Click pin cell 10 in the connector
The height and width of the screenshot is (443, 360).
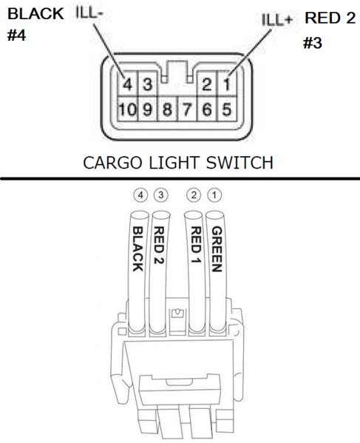tap(127, 109)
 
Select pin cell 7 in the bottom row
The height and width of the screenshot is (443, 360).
tap(187, 109)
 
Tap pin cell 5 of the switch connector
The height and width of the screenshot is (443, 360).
tap(226, 109)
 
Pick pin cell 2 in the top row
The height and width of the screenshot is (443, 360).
tap(207, 84)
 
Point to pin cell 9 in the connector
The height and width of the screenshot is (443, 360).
tap(147, 109)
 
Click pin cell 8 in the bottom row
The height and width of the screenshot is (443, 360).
tap(168, 109)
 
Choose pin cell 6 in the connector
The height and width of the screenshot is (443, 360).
tap(207, 109)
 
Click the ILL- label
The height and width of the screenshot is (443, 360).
tap(89, 13)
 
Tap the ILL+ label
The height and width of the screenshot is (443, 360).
tap(276, 20)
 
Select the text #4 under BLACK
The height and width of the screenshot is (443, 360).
tap(16, 35)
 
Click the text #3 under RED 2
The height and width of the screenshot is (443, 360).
tap(312, 43)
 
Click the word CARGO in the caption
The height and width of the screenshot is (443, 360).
tap(112, 163)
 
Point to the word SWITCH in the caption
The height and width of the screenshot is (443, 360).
tap(240, 163)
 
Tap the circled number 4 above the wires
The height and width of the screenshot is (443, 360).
tap(140, 195)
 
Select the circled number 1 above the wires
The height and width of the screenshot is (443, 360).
tap(214, 195)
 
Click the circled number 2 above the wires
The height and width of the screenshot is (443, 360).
tap(194, 195)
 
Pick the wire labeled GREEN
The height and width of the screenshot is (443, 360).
tap(217, 273)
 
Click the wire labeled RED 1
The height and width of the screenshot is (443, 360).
tap(195, 273)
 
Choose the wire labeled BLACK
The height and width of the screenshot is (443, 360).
tap(138, 273)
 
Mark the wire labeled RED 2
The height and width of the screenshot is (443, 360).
tap(158, 273)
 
